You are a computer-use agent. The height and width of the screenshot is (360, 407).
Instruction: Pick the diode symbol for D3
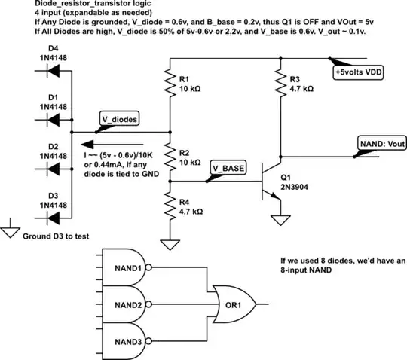(53, 218)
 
